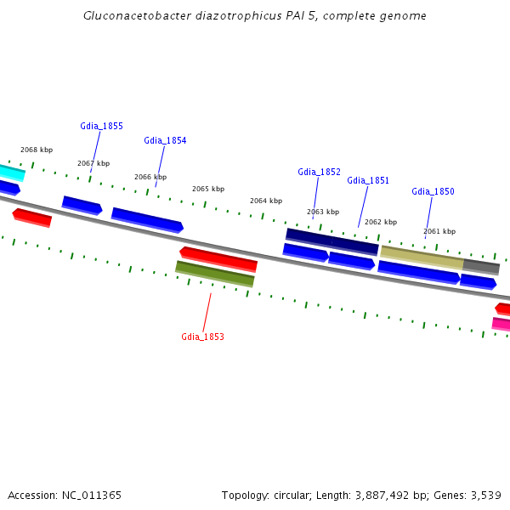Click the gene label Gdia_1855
pos(101,126)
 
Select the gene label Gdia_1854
pos(165,140)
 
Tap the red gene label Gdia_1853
pos(202,337)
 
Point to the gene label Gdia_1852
pos(319,172)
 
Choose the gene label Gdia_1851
pos(368,180)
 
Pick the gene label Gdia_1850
pos(433,191)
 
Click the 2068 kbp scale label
pos(37,150)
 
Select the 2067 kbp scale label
pos(93,163)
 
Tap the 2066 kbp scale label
pos(150,177)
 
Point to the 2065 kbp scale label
pos(208,189)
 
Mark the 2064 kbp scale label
pos(266,201)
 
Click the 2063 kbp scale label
pos(323,212)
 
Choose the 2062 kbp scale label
pos(381,222)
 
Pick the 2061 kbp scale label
pos(439,231)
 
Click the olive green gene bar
pos(215,274)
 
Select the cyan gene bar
pos(11,173)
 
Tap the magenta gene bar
pos(501,324)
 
